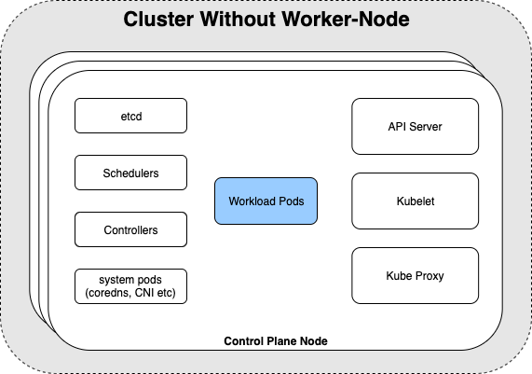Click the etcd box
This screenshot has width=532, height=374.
click(130, 116)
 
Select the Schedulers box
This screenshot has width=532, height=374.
click(130, 173)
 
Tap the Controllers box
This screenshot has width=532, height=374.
click(130, 229)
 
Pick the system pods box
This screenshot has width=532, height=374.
click(130, 286)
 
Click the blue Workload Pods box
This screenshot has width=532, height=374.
click(266, 201)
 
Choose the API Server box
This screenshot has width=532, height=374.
click(415, 126)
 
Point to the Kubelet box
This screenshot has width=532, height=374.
click(415, 201)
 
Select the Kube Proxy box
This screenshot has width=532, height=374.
click(415, 275)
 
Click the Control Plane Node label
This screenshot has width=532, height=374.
click(276, 341)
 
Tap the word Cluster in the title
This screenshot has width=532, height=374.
click(158, 19)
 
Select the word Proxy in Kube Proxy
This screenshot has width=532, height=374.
click(430, 276)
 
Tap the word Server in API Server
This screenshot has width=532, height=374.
click(426, 127)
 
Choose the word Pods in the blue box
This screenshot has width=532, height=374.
click(291, 201)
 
